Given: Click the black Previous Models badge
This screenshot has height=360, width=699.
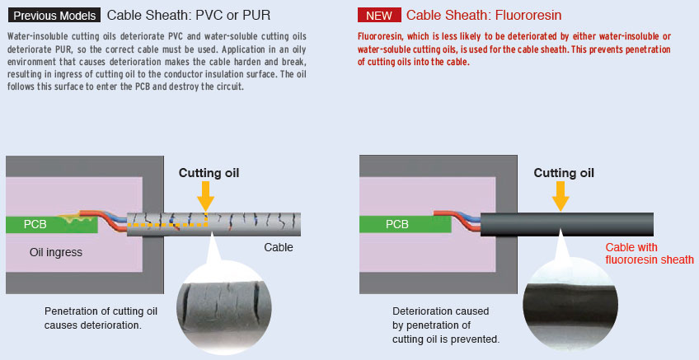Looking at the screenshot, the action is (x=54, y=15).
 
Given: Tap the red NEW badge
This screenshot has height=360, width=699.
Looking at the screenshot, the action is (x=379, y=15).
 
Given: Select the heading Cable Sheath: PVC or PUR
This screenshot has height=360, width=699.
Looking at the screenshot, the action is (x=189, y=15).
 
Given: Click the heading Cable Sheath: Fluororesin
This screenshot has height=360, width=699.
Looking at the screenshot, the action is (x=484, y=15).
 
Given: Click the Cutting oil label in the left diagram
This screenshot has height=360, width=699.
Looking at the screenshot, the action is (x=209, y=173).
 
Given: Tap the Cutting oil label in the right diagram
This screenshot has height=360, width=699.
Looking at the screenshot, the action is (x=564, y=173).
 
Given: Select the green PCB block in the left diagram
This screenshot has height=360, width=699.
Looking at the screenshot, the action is (x=52, y=225).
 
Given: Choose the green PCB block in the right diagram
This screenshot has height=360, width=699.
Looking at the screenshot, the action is (x=406, y=225).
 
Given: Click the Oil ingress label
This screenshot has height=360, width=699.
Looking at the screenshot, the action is (x=56, y=252).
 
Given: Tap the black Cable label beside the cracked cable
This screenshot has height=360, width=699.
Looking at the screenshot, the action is (x=279, y=247).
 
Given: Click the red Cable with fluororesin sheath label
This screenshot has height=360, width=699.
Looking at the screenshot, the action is (x=650, y=254).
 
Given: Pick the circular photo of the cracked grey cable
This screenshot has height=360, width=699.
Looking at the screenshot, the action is (x=224, y=306).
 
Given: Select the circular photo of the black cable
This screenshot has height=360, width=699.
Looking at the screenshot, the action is (x=570, y=304).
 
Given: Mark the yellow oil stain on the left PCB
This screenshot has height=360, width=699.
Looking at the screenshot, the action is (x=77, y=218).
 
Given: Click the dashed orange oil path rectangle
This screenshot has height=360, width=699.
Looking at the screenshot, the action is (x=167, y=226).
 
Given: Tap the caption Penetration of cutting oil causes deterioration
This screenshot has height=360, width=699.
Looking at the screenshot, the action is (x=101, y=318).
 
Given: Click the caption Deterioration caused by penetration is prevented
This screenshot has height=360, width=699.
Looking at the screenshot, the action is (x=446, y=325).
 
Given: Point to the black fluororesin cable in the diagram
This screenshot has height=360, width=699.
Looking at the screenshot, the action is (x=567, y=225).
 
